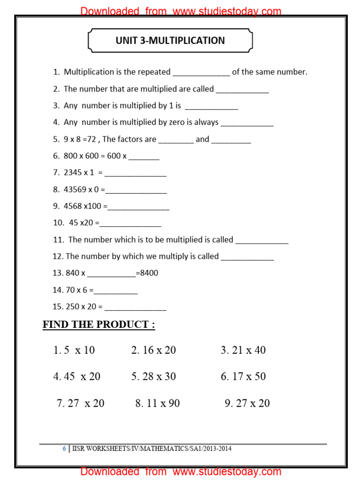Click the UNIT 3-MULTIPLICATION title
(x=170, y=41)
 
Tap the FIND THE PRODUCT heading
(x=99, y=325)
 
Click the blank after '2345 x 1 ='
(x=135, y=174)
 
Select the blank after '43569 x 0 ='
(x=136, y=190)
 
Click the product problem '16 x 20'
(x=159, y=350)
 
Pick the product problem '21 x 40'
(x=249, y=350)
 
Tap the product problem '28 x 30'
(x=159, y=376)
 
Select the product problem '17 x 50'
(x=249, y=376)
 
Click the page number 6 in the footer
(x=65, y=449)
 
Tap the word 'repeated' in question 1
(x=154, y=72)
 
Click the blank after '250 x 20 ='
(x=135, y=308)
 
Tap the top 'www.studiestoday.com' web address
(x=227, y=11)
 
